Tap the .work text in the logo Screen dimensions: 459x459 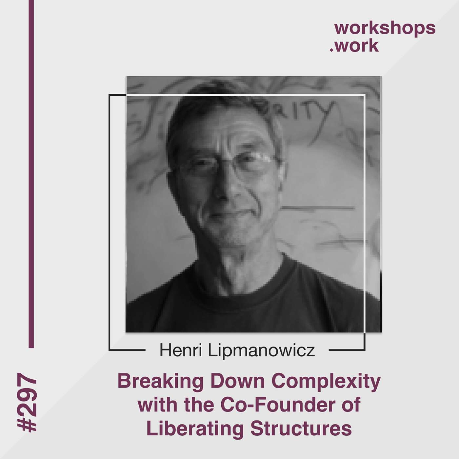coord(354,46)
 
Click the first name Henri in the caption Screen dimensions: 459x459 coord(180,350)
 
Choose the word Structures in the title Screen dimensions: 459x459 coord(301,429)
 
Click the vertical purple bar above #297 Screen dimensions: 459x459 coord(31,174)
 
